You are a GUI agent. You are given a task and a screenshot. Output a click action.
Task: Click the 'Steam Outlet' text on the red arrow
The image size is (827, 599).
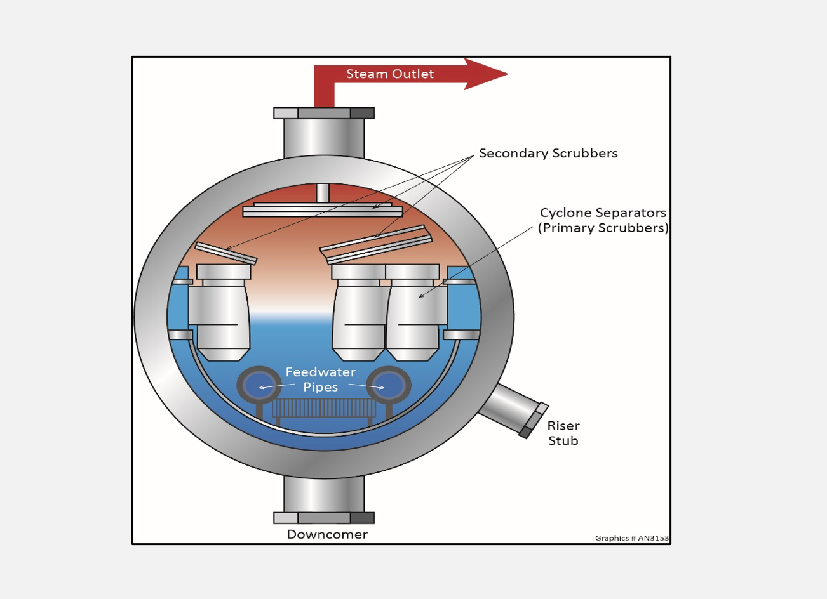click(389, 74)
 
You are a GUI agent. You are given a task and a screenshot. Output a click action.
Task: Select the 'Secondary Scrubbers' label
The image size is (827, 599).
click(548, 154)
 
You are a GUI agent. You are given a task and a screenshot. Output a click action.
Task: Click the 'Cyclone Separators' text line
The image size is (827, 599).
click(603, 213)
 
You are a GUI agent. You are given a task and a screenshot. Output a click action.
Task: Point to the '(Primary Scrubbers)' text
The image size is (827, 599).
click(603, 228)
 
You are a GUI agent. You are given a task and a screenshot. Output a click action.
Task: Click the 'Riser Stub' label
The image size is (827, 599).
click(563, 433)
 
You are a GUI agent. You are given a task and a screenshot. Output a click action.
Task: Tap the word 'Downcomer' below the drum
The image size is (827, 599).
click(327, 534)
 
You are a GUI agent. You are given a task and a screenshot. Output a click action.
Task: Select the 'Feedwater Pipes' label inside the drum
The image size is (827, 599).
click(321, 379)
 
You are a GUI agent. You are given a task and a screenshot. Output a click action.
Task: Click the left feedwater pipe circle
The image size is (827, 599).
click(259, 386)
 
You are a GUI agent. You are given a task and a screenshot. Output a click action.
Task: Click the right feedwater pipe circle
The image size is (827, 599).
click(388, 386)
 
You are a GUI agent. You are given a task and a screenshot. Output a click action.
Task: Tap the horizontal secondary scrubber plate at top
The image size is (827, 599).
click(323, 210)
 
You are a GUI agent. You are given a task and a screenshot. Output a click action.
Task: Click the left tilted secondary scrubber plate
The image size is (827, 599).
click(225, 252)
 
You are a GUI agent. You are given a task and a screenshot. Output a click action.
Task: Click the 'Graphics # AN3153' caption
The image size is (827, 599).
click(631, 538)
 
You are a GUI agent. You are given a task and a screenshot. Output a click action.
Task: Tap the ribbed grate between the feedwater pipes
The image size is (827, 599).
click(323, 408)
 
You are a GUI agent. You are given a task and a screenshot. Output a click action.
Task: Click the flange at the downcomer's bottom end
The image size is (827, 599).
click(324, 518)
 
